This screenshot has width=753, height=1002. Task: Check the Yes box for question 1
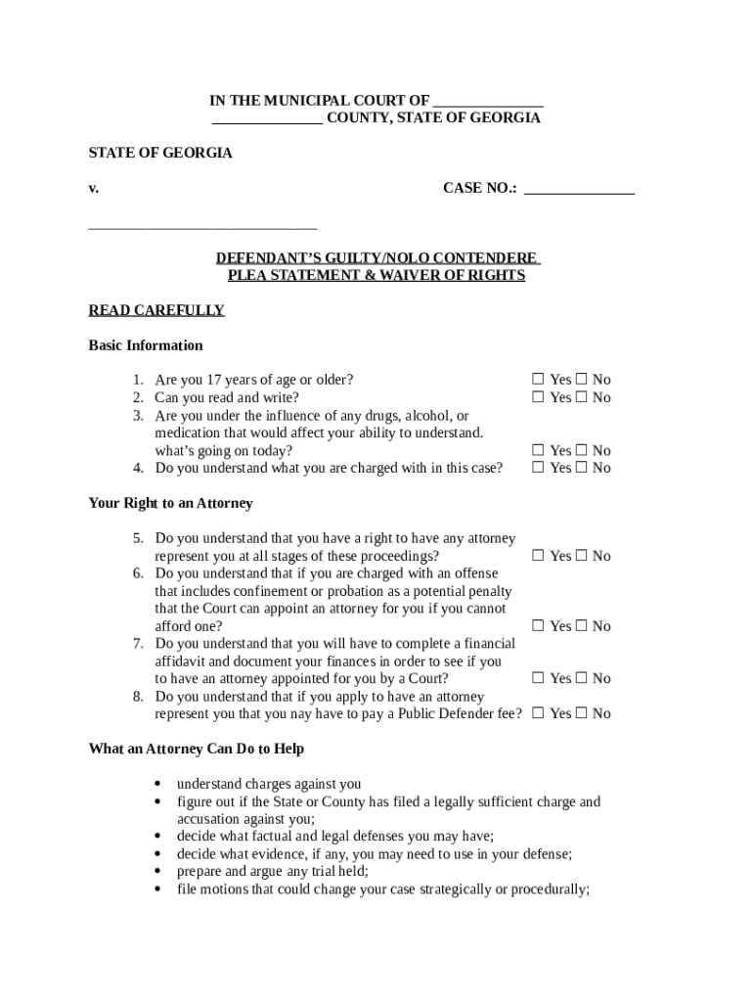click(538, 380)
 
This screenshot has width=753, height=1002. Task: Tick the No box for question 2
click(581, 397)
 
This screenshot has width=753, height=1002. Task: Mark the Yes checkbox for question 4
click(538, 468)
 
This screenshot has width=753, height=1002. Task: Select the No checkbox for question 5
click(581, 556)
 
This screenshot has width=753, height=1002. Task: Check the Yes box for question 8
click(538, 713)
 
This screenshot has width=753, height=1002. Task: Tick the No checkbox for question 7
click(581, 678)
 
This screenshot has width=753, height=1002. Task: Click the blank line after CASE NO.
click(579, 189)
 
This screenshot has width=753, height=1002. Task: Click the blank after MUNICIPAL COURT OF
click(487, 101)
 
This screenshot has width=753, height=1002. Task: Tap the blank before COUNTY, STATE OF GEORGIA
click(267, 118)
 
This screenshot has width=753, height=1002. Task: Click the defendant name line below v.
click(202, 225)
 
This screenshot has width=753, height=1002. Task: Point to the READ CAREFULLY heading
click(156, 310)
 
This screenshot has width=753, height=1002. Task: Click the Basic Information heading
click(146, 345)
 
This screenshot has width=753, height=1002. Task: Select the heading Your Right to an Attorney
click(170, 503)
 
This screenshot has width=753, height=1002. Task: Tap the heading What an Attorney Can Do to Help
click(196, 749)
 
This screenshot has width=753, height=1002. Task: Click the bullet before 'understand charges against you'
click(158, 784)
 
